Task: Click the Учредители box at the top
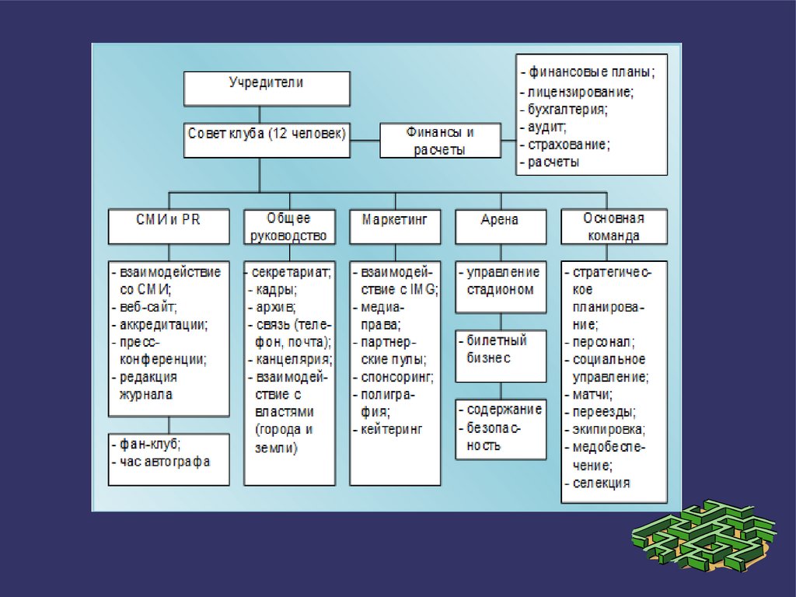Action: click(266, 88)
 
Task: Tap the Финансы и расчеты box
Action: click(440, 141)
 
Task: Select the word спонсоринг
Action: click(396, 377)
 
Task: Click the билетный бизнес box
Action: click(500, 349)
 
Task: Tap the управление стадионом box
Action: click(500, 281)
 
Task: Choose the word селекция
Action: click(601, 483)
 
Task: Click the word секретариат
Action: click(295, 273)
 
